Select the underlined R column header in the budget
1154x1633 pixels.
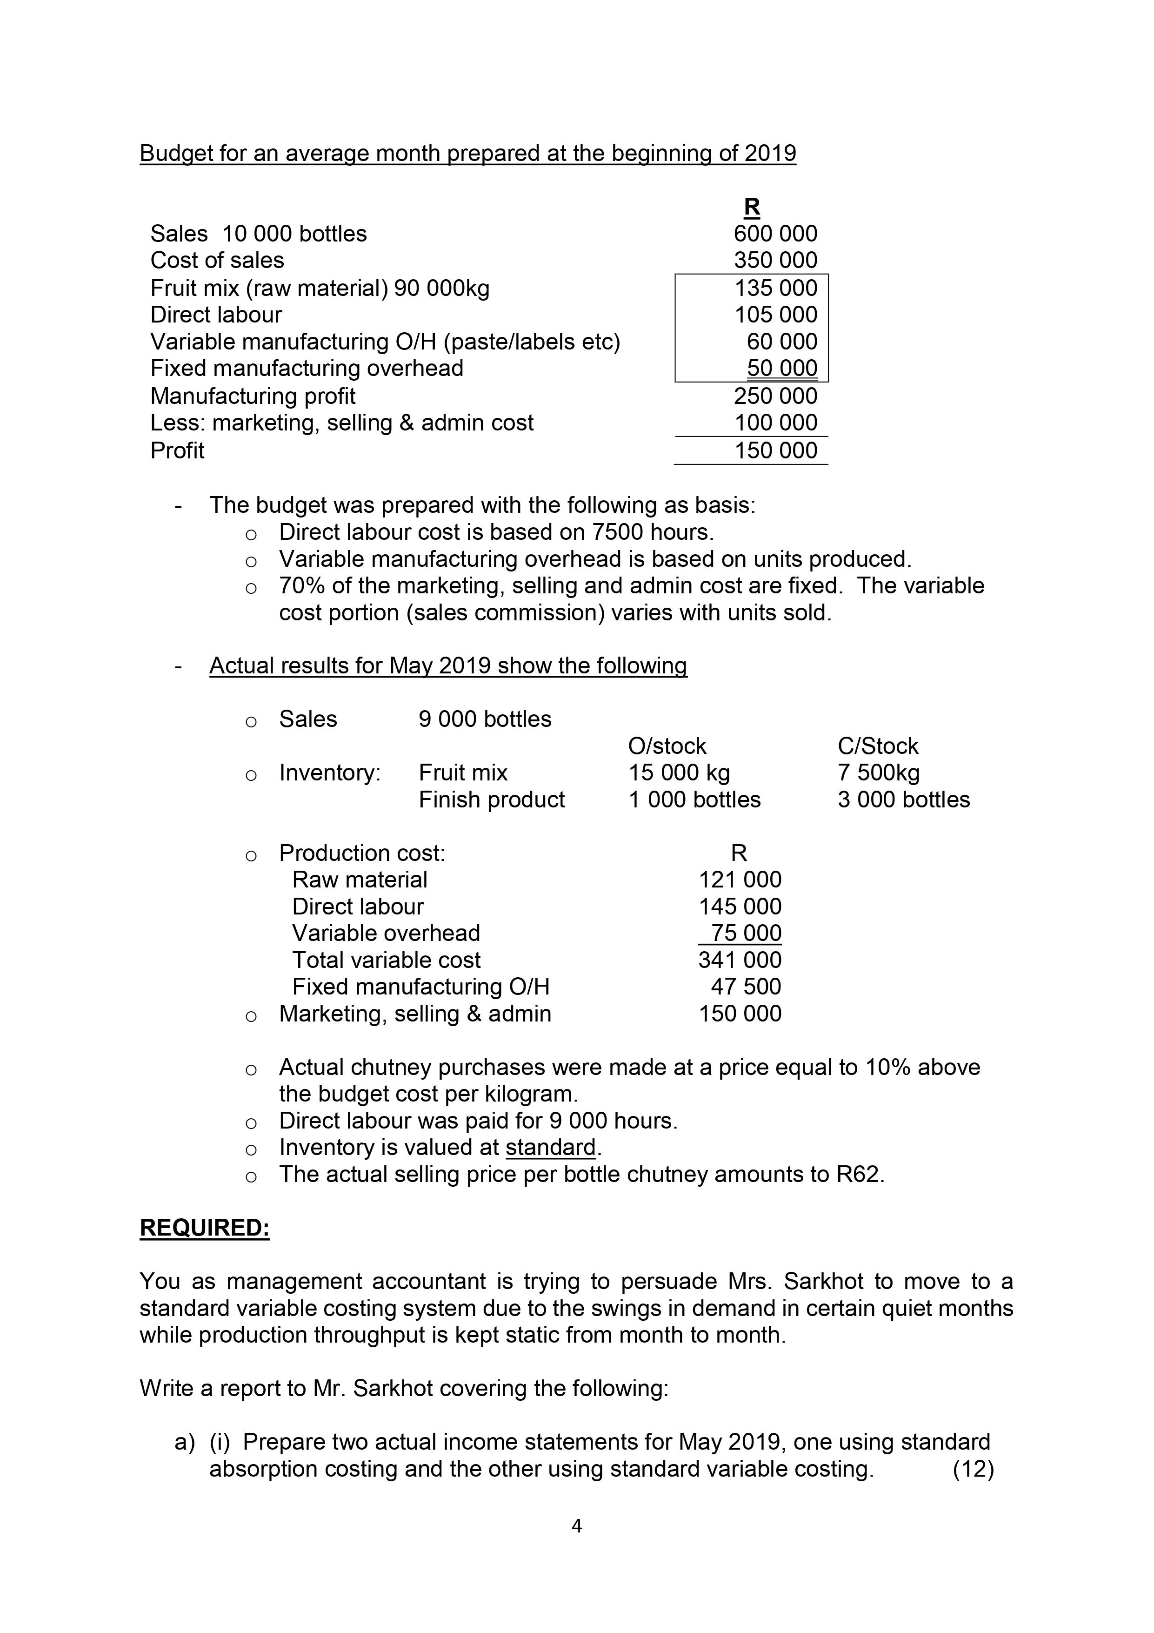pyautogui.click(x=752, y=207)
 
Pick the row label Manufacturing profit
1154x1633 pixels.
pyautogui.click(x=253, y=396)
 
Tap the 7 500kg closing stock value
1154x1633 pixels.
pyautogui.click(x=878, y=773)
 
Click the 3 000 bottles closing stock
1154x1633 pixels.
pyautogui.click(x=903, y=800)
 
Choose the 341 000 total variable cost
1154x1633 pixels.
pyautogui.click(x=740, y=960)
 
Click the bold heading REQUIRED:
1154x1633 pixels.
pyautogui.click(x=205, y=1228)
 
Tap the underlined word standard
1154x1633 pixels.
pyautogui.click(x=550, y=1147)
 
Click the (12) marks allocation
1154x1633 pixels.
pyautogui.click(x=973, y=1469)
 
